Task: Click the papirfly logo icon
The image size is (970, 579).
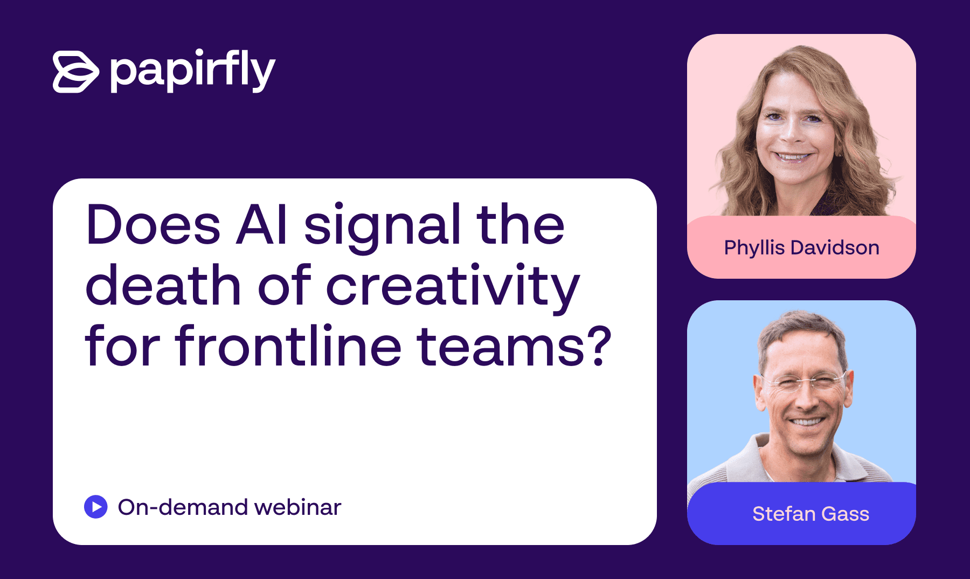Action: [x=76, y=72]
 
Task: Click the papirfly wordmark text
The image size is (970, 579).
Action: [x=193, y=71]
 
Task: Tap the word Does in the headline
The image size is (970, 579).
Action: [x=153, y=224]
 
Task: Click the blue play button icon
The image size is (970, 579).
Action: [x=96, y=507]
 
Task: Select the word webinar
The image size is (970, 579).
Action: [x=297, y=507]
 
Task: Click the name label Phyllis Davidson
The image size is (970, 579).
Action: [x=802, y=247]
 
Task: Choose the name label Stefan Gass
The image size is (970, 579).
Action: [x=810, y=514]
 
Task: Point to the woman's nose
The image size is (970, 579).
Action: [x=791, y=132]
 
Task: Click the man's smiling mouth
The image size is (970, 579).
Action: [x=807, y=421]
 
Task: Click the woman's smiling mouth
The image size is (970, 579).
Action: [x=792, y=157]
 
